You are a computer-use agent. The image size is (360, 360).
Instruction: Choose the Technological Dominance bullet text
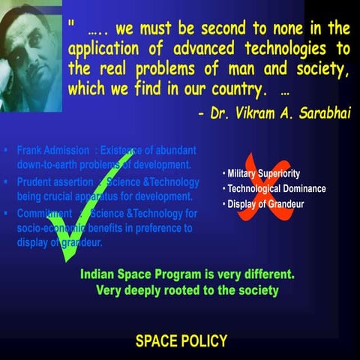click(x=271, y=189)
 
